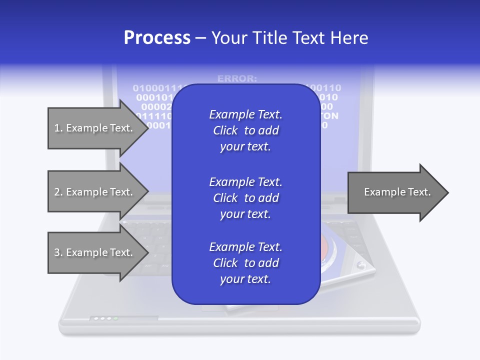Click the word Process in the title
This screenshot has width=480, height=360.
click(x=157, y=38)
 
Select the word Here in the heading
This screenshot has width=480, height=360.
click(x=349, y=38)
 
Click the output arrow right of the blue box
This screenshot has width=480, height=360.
click(x=397, y=192)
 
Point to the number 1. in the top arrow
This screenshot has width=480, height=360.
click(x=58, y=128)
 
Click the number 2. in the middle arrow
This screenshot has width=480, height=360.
click(x=58, y=192)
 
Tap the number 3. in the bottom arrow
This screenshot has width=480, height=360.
click(x=58, y=252)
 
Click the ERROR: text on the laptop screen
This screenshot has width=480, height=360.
click(x=237, y=78)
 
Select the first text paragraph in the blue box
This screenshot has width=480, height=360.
click(x=245, y=130)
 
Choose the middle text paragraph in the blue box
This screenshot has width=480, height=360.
click(x=245, y=198)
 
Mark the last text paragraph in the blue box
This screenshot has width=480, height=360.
click(x=245, y=263)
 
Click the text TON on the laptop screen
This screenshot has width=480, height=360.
click(x=329, y=116)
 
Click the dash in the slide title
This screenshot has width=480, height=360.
click(x=200, y=38)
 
